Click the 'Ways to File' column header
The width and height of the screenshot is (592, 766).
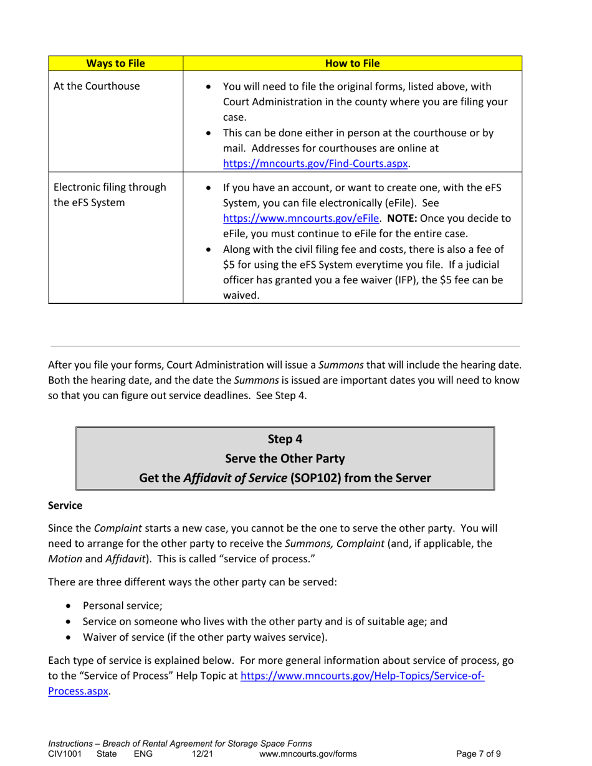115,63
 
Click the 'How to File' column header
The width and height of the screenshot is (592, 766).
353,63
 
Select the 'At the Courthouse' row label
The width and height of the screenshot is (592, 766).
97,86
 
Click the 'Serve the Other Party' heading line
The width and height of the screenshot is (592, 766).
284,458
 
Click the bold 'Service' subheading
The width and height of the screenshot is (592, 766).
65,508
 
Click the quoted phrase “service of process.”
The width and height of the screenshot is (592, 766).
272,559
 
